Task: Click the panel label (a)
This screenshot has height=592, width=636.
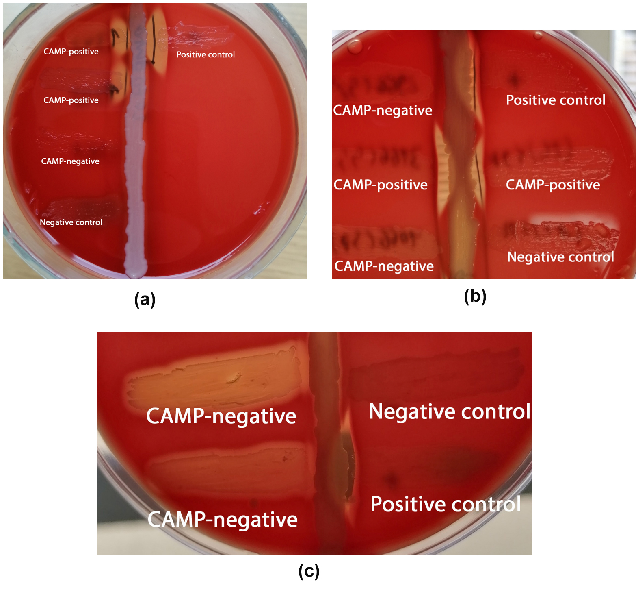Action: tap(145, 300)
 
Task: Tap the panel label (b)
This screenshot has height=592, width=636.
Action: tap(475, 296)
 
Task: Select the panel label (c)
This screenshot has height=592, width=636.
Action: tap(309, 571)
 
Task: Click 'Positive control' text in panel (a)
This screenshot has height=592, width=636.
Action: tap(206, 54)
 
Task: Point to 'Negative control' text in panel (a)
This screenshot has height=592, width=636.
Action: tap(71, 222)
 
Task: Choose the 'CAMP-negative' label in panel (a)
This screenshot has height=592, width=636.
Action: tap(70, 161)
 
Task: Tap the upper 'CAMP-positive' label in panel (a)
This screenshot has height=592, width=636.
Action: tap(71, 52)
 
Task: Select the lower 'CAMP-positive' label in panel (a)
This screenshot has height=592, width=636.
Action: tap(71, 100)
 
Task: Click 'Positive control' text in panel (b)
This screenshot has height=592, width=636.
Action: tap(556, 100)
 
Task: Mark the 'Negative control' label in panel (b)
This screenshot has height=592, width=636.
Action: tap(560, 257)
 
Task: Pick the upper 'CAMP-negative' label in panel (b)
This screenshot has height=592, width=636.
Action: tap(383, 110)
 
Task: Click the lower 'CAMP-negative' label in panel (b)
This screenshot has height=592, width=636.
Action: tap(384, 266)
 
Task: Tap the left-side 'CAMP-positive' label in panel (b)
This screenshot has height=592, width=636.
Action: tap(381, 185)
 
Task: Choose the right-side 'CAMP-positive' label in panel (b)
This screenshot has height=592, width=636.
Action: tap(553, 185)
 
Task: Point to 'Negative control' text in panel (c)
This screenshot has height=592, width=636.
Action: tap(450, 411)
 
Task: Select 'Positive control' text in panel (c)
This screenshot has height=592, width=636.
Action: tap(446, 504)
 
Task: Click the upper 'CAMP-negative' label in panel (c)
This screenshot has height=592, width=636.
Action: tap(221, 416)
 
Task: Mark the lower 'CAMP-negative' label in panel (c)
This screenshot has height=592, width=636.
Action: tap(223, 519)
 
